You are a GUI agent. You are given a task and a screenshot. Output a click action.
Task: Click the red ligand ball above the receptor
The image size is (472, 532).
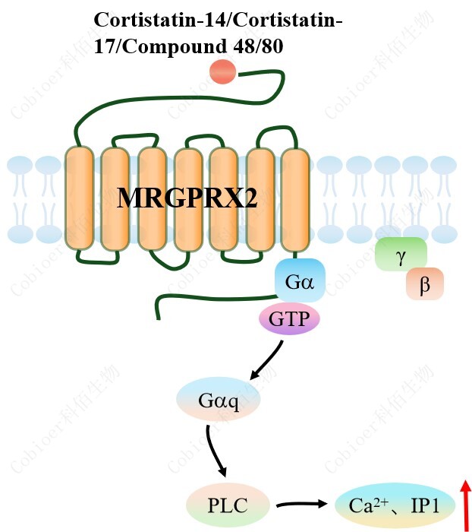click(x=223, y=71)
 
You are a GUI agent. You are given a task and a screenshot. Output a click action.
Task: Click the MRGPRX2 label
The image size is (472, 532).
click(x=187, y=198)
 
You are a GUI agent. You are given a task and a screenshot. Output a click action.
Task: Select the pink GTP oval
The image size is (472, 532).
click(x=289, y=318)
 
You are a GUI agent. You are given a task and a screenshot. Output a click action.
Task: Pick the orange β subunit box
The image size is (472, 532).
click(x=424, y=285)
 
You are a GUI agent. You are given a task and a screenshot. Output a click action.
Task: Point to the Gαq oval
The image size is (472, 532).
click(x=219, y=400)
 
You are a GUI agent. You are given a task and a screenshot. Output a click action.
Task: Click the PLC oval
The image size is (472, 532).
click(x=228, y=504)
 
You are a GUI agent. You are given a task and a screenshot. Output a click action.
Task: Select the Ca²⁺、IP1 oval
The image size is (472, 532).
click(x=395, y=504)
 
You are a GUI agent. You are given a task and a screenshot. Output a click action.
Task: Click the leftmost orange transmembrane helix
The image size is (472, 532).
click(x=79, y=199)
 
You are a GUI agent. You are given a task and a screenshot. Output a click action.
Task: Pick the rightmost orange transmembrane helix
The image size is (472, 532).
click(x=294, y=199)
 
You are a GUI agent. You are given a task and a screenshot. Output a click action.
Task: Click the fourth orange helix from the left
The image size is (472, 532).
click(x=187, y=199)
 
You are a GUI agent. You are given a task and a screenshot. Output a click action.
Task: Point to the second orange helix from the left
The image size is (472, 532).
click(x=115, y=199)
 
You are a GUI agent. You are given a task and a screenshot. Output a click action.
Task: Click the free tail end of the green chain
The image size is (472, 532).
click(x=158, y=313)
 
